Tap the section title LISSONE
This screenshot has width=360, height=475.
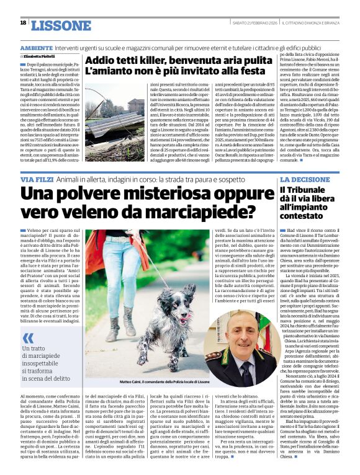60,25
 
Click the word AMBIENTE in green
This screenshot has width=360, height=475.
36,48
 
